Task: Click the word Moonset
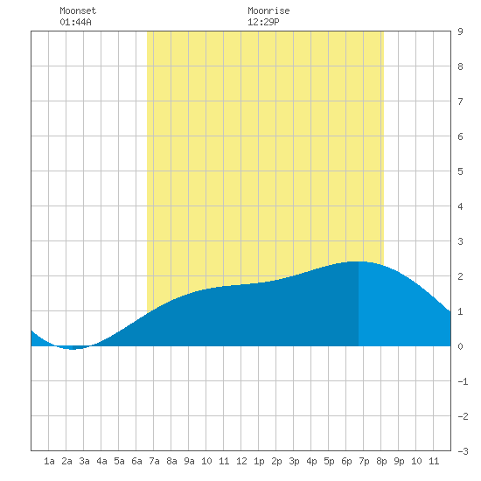[x=78, y=10]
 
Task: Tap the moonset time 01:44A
[x=75, y=22]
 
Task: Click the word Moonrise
[x=268, y=10]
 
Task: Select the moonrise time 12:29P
[x=263, y=22]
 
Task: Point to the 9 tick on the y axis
[x=460, y=31]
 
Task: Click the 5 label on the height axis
[x=460, y=171]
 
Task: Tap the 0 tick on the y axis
[x=460, y=346]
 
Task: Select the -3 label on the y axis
[x=463, y=451]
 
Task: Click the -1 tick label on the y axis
[x=463, y=381]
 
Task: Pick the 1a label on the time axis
[x=49, y=461]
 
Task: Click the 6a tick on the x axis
[x=136, y=461]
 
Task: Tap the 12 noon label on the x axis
[x=241, y=461]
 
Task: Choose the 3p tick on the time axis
[x=294, y=461]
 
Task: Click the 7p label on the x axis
[x=364, y=461]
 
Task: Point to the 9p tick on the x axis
[x=399, y=461]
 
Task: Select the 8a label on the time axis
[x=171, y=461]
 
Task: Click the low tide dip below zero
[x=73, y=348]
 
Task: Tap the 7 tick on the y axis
[x=460, y=101]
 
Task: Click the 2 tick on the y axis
[x=460, y=276]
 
